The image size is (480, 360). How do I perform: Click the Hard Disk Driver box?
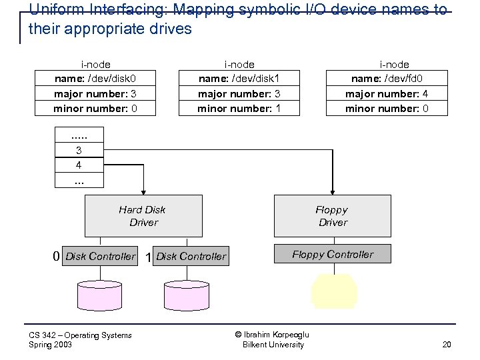143,216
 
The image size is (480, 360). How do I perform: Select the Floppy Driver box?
333,216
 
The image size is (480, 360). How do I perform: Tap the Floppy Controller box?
333,254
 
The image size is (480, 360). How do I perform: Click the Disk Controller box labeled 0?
100,257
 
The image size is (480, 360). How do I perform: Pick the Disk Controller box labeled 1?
191,257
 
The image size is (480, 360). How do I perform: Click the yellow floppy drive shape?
335,291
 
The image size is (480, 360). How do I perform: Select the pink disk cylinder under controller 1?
187,294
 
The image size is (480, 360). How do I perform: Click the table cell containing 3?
79,151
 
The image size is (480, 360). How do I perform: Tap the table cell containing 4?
79,165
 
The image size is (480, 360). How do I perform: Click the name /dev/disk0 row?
96,79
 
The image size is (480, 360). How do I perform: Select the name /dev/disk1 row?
239,79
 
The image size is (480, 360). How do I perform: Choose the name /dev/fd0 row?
387,79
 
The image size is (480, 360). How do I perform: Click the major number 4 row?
387,94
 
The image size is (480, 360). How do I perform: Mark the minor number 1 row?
239,108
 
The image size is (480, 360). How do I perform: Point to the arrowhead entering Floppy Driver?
331,191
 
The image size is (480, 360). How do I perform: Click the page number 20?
446,345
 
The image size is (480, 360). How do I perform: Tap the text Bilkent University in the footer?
273,345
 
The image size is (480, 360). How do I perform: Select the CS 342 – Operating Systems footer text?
80,335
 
